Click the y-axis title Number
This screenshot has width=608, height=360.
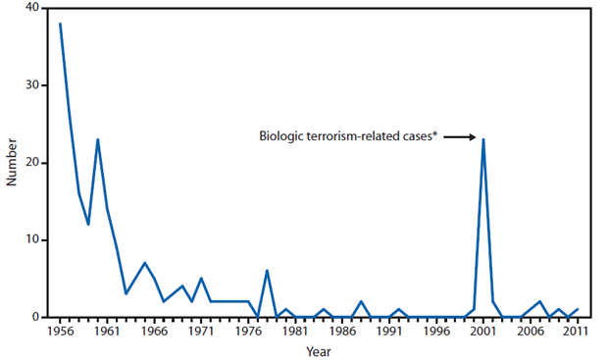[x=11, y=163]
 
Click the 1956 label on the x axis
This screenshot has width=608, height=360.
[x=61, y=332]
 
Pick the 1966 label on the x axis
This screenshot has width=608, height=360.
[x=154, y=332]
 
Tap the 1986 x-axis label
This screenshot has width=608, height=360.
[x=342, y=332]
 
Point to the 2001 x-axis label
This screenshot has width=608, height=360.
[x=483, y=332]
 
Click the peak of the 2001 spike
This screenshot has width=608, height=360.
[x=483, y=139]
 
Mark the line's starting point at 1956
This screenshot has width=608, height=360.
[x=61, y=24]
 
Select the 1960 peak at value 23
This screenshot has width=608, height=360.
[x=98, y=139]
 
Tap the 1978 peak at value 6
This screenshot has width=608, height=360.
[x=267, y=271]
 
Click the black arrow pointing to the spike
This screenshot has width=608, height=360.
[x=459, y=138]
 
